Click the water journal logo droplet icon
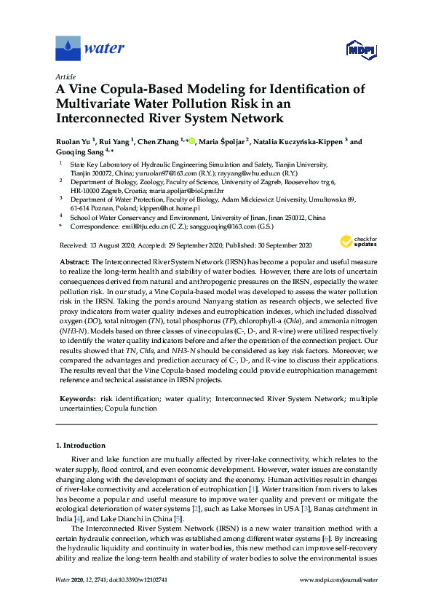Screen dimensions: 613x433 [x=68, y=49]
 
